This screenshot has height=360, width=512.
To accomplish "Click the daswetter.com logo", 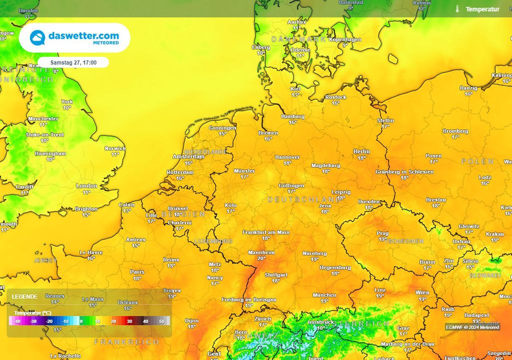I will click(74, 37).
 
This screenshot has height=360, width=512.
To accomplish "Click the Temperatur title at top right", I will click(482, 9).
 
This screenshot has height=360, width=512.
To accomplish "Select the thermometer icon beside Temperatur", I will click(457, 8).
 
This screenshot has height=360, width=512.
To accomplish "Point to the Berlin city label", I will click(361, 151).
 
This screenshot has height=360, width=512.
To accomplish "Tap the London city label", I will click(86, 186).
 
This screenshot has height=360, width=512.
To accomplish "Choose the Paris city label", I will click(137, 272).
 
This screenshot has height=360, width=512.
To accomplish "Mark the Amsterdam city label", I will click(188, 156).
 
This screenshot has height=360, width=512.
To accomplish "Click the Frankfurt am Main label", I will click(266, 232).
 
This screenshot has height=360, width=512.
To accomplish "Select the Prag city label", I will click(382, 233).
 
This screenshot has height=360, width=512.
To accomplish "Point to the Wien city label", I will click(422, 293).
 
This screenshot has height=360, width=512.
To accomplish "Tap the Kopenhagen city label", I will click(331, 39).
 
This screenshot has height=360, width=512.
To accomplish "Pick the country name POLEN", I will click(477, 161).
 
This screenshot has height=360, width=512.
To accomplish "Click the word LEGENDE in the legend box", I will click(24, 296).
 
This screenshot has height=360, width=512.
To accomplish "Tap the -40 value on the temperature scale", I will click(17, 321).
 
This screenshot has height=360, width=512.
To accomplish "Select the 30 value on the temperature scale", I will click(129, 321).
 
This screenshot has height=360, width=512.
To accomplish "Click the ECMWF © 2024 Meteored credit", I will click(472, 327).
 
